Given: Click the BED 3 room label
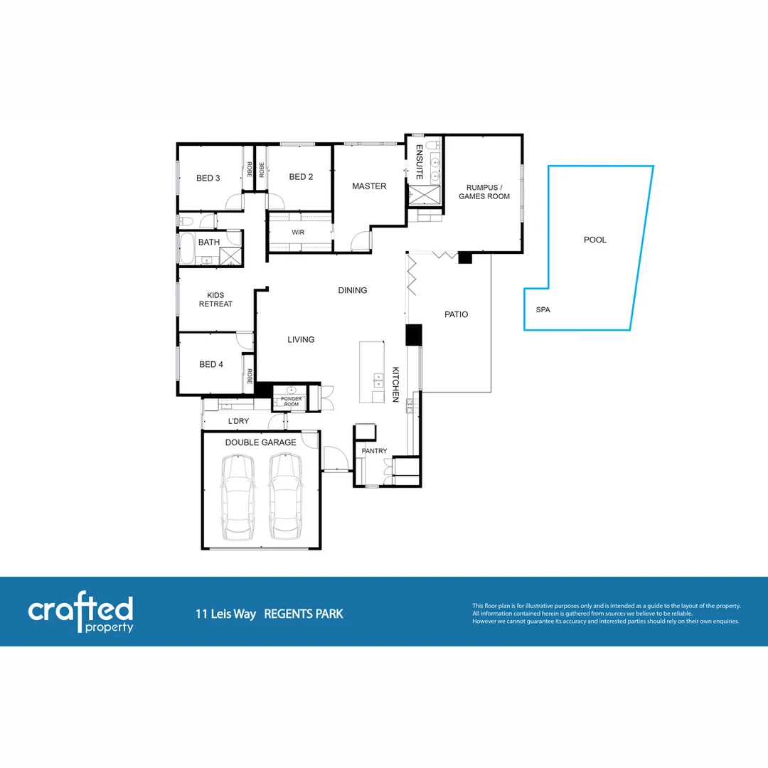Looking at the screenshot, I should click(x=208, y=178).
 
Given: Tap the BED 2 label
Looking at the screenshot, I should click(x=301, y=177).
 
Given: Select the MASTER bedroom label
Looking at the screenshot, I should click(x=369, y=186).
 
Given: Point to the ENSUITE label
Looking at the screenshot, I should click(x=420, y=162).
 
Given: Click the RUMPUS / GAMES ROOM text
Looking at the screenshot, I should click(x=484, y=191).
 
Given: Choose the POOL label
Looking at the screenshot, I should click(x=594, y=240).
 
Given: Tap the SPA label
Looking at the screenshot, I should click(x=543, y=310).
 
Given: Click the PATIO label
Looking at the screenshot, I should click(x=456, y=314).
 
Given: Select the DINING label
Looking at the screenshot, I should click(x=353, y=290).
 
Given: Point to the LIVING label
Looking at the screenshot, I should click(x=301, y=340).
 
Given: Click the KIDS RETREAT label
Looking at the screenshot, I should click(x=215, y=299).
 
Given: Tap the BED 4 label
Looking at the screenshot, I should click(x=211, y=364).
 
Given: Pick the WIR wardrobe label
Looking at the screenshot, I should click(x=298, y=233).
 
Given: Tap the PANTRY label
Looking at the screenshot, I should click(x=374, y=451).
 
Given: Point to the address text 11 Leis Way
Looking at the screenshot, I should click(x=225, y=614).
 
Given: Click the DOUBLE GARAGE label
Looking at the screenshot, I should click(x=260, y=442).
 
